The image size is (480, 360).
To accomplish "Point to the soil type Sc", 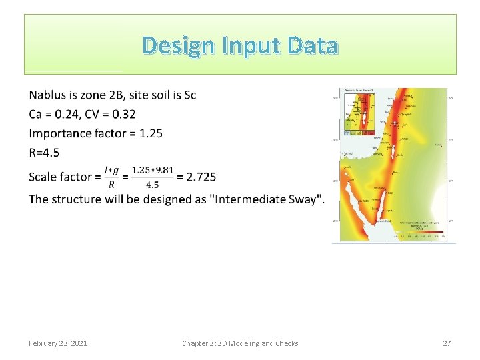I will [189, 95].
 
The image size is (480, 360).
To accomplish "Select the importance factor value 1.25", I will [151, 133].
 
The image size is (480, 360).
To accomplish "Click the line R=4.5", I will [44, 153].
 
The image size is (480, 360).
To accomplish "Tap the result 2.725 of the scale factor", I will [201, 177].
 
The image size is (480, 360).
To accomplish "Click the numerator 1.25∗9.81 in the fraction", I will [153, 170].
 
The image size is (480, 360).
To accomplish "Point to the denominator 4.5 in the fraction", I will [153, 184].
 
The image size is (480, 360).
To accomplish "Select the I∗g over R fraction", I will [112, 177].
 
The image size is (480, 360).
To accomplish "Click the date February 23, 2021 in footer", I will [58, 343].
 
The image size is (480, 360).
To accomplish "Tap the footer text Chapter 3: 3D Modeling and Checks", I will [240, 343].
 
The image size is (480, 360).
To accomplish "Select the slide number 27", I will [447, 343].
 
